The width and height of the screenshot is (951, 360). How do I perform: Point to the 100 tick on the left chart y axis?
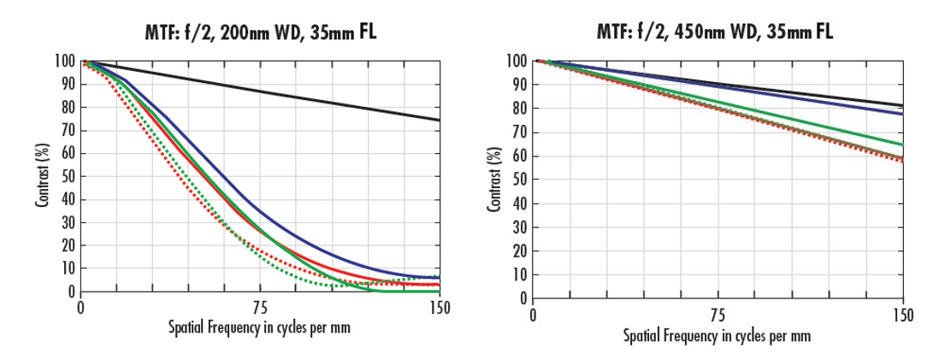pyautogui.click(x=66, y=62)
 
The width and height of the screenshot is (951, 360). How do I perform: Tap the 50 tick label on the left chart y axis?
pyautogui.click(x=68, y=177)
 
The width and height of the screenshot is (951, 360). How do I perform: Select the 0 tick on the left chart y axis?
pyautogui.click(x=72, y=292)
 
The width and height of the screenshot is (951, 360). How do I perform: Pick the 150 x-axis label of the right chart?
pyautogui.click(x=903, y=316)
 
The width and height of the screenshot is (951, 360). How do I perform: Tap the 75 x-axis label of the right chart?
pyautogui.click(x=718, y=316)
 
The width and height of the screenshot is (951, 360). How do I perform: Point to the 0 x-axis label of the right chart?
pyautogui.click(x=533, y=316)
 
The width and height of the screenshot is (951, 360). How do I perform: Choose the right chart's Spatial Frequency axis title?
pyautogui.click(x=718, y=335)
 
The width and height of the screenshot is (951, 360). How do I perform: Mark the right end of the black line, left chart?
pyautogui.click(x=440, y=120)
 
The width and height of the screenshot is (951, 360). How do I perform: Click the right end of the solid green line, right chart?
pyautogui.click(x=903, y=145)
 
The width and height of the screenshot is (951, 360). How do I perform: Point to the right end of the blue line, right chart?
pyautogui.click(x=903, y=114)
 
